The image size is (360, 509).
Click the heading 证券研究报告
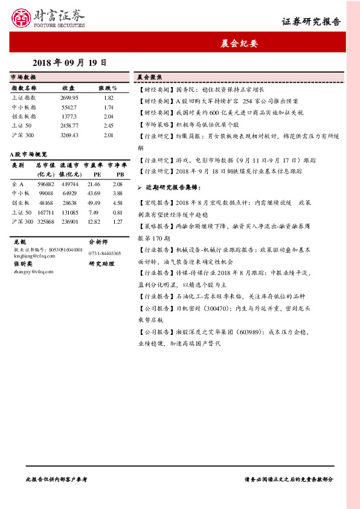[311, 22]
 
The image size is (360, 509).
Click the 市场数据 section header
[24, 78]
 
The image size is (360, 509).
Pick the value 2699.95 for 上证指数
[69, 97]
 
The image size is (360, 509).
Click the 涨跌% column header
[108, 88]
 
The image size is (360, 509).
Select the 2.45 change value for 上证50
[109, 126]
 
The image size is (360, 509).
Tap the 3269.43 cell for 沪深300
[69, 135]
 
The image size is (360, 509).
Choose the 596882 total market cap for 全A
[45, 184]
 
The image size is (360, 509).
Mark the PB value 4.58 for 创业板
[118, 203]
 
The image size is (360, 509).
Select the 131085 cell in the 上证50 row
[69, 213]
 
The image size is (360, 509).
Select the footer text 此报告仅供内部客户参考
[57, 479]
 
